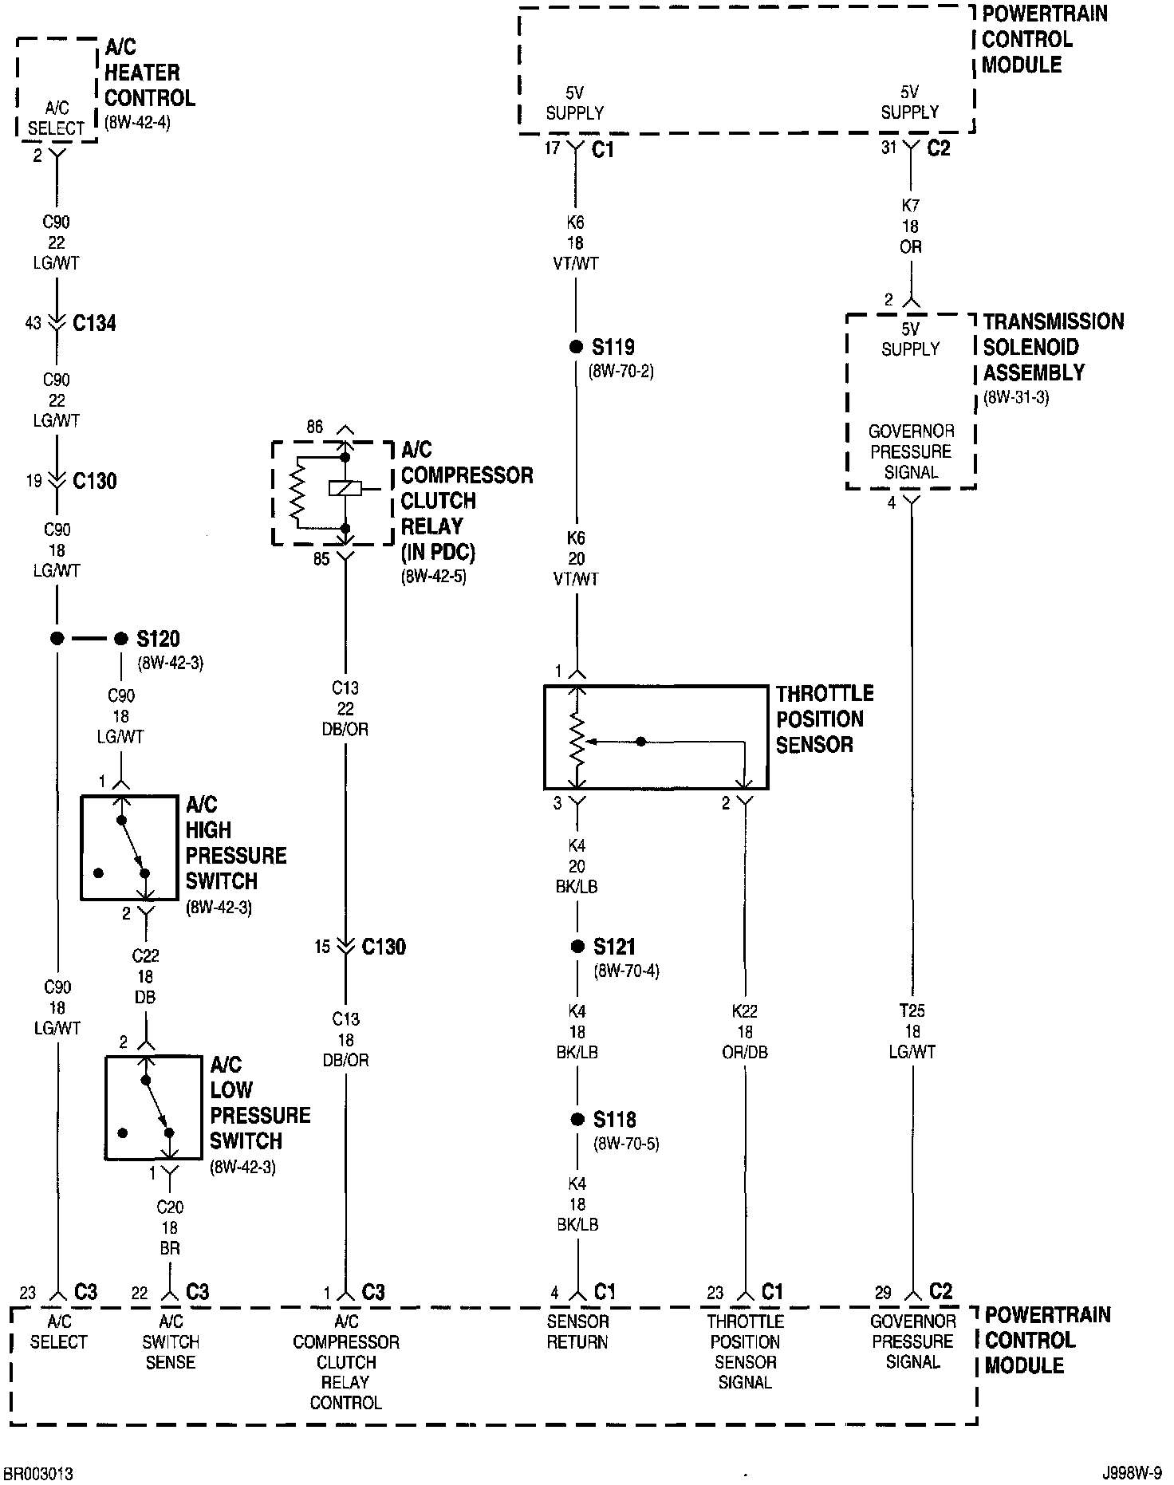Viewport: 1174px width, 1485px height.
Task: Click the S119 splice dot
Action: click(576, 347)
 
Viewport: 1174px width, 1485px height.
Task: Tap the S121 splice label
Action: click(614, 947)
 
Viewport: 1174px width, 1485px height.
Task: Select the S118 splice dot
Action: click(577, 1120)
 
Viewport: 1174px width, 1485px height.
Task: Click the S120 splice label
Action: click(158, 639)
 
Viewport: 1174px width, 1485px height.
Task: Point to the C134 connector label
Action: click(94, 323)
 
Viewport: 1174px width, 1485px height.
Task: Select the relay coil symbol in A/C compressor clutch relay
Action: click(345, 489)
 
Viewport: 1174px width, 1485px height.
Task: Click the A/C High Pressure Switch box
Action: click(129, 848)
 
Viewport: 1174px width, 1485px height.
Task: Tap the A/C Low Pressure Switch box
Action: click(153, 1107)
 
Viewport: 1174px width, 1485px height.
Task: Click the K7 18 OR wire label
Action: click(911, 226)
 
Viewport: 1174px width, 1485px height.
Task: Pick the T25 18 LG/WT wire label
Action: click(912, 1031)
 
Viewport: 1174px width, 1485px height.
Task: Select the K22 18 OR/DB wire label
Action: click(745, 1031)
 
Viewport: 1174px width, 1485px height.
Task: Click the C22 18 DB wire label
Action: click(145, 976)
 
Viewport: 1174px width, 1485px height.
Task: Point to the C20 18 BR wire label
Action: click(169, 1228)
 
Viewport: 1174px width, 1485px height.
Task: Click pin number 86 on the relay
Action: click(315, 427)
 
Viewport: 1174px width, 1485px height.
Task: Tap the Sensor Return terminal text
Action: click(577, 1331)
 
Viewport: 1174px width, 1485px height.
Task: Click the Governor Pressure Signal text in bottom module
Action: click(913, 1341)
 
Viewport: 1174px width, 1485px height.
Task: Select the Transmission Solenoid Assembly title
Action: click(1053, 347)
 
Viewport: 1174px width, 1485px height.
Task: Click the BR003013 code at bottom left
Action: click(38, 1473)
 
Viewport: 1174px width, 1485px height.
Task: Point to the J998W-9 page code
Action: click(1133, 1473)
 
